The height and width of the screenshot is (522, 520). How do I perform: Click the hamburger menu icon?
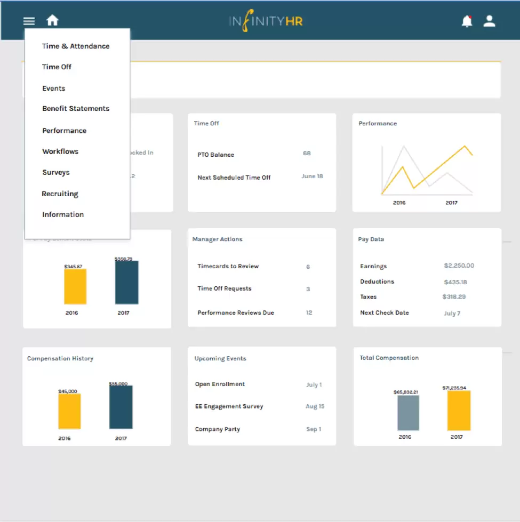pos(29,21)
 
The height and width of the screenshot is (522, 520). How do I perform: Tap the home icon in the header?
pos(52,21)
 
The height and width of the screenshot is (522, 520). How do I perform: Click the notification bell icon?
pos(467,21)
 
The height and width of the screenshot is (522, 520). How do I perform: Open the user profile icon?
pos(489,21)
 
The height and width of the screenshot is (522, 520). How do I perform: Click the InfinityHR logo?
pos(266,22)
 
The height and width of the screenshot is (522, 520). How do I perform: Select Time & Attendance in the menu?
pos(76,46)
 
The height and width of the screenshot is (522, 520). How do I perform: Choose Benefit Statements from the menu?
pos(76,109)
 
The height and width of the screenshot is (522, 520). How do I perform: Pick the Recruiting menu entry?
pos(60,194)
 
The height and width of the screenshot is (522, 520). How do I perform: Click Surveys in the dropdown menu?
pos(56,173)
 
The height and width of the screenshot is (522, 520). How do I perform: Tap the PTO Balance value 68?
pos(307,154)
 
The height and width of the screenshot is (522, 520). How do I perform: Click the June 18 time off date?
pos(312,176)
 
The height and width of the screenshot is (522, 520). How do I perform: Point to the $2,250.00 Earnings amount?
pos(459,266)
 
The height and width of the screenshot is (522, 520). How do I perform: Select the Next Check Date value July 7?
pos(452,314)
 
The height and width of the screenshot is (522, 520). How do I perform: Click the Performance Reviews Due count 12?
pos(309,312)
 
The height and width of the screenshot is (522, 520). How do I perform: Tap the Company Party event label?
pos(218,429)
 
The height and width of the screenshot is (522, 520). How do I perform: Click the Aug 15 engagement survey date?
pos(315,406)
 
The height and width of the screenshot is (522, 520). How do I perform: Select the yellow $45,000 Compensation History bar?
pos(69,411)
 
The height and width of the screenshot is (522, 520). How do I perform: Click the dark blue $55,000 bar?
pos(121,407)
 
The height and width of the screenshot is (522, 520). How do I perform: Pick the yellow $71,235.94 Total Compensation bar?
pos(459,411)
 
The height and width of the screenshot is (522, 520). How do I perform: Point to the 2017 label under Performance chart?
pos(451,203)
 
